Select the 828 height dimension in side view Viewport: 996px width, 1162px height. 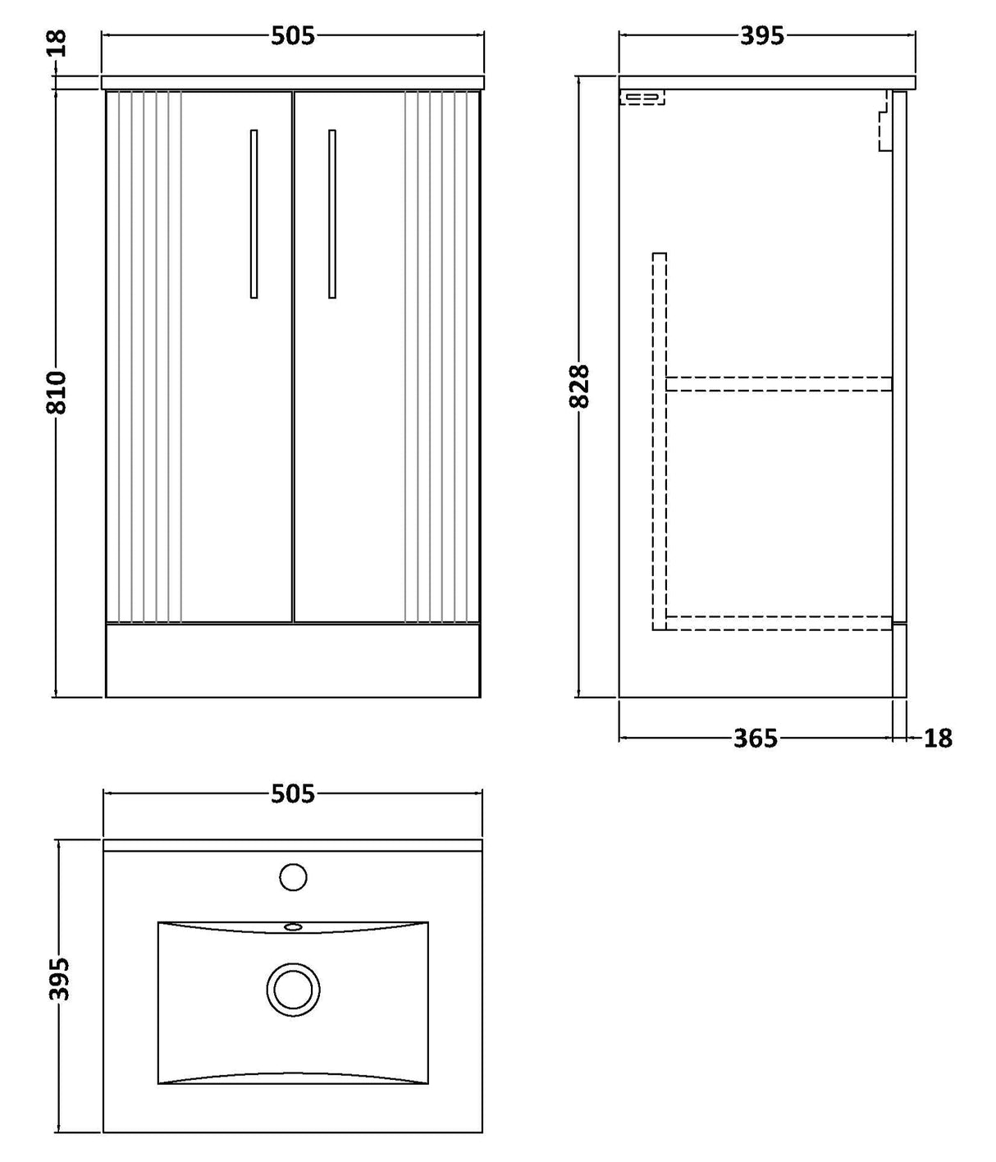point(579,386)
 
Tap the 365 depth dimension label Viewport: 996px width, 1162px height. point(755,739)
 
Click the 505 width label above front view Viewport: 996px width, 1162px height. point(292,36)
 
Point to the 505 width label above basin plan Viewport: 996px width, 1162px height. point(292,794)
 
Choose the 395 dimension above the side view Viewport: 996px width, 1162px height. point(762,36)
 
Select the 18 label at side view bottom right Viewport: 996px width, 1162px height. point(938,739)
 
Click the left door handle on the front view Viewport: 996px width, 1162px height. point(254,213)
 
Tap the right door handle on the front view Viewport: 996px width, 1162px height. point(331,213)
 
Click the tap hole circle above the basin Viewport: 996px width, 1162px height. point(293,877)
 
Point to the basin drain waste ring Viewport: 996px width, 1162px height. point(293,990)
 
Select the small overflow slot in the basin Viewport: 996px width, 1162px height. point(293,927)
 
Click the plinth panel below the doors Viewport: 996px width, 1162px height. point(292,661)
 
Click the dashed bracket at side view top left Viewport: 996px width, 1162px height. point(642,98)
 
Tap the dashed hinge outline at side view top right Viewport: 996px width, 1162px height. point(884,123)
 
